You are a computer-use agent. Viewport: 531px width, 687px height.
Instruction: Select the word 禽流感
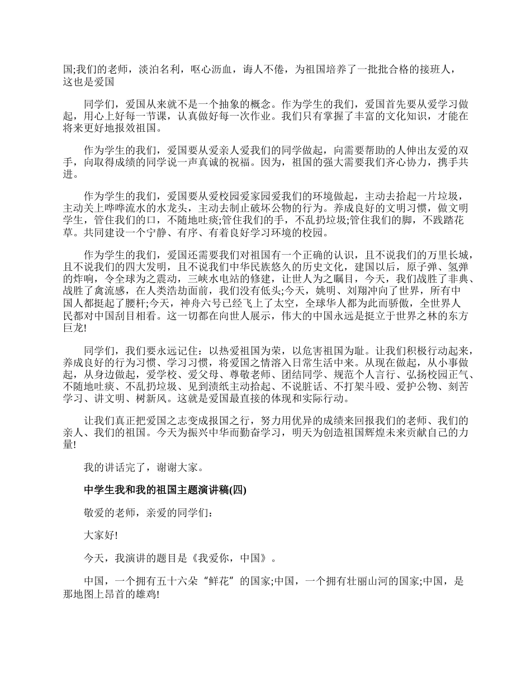coord(111,291)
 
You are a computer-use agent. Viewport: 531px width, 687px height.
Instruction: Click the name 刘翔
coord(357,291)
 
